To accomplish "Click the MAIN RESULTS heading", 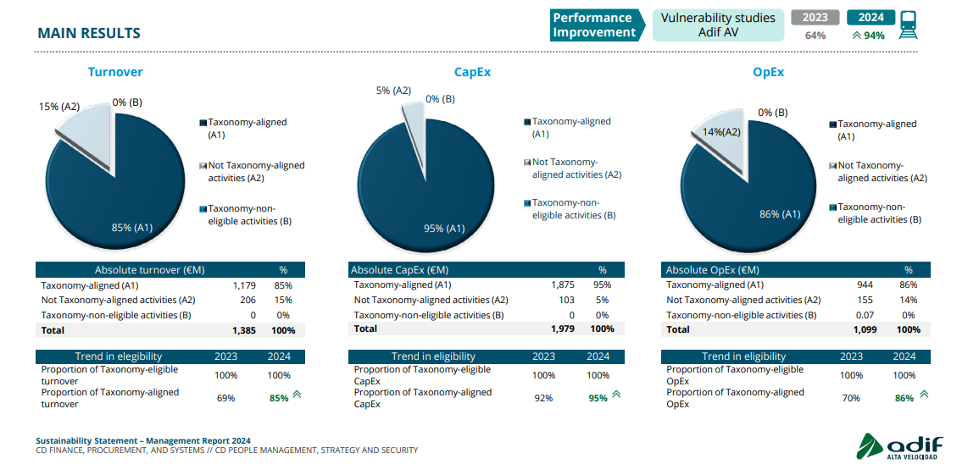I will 89,33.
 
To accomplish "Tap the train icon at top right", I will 909,25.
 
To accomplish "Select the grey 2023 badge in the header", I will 815,18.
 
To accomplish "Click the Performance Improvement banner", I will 593,25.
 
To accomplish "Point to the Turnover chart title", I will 115,72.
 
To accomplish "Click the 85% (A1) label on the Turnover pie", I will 132,227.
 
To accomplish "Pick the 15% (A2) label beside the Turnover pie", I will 59,107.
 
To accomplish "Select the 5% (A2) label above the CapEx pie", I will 393,91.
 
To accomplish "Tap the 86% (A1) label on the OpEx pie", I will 780,214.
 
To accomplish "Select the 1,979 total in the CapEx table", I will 562,329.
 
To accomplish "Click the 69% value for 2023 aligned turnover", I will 225,398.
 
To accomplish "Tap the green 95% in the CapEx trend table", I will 598,398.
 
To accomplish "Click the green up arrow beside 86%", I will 924,394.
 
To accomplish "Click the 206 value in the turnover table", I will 248,300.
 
